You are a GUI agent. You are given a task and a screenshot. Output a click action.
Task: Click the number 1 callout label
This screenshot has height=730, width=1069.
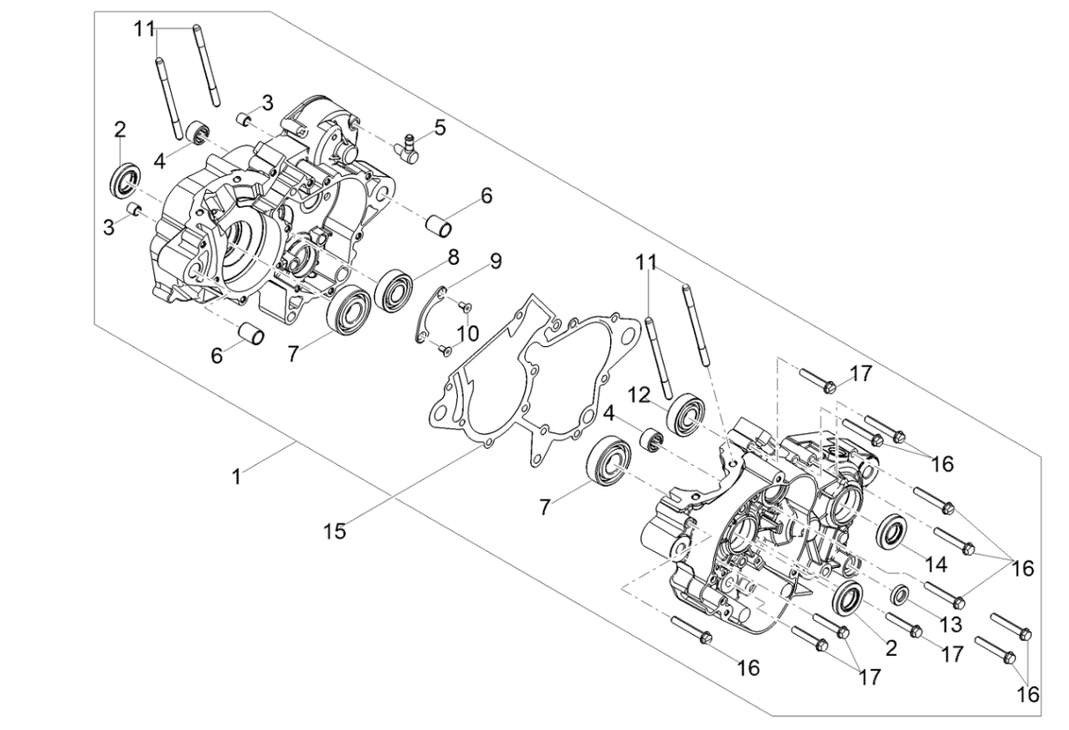[x=236, y=476]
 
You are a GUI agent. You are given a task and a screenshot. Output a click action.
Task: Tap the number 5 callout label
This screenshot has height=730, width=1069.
[x=439, y=128]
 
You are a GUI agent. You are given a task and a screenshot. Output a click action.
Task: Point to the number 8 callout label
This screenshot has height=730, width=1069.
[x=453, y=257]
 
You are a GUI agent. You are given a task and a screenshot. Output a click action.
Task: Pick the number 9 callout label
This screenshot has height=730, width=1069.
[x=496, y=261]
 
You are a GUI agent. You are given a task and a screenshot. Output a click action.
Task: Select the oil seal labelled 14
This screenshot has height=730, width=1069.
[x=892, y=530]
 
